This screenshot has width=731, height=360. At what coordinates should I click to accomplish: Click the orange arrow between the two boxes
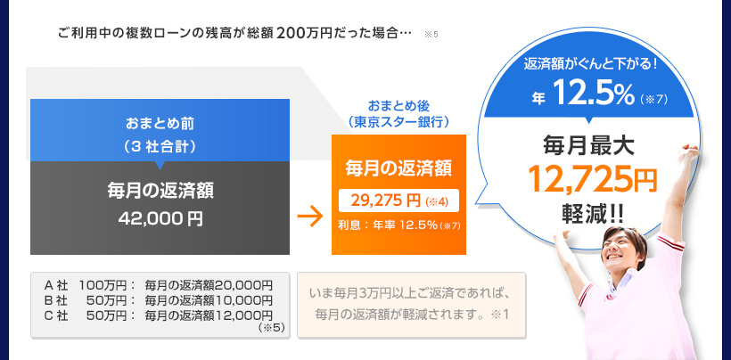coord(310,217)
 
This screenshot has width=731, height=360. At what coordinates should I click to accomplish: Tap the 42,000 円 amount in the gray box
coord(160,218)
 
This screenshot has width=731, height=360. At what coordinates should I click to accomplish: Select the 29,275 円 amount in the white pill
coord(387,200)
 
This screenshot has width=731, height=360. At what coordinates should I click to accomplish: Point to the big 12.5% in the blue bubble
coord(595,94)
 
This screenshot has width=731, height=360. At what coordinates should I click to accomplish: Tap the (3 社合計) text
coord(160,147)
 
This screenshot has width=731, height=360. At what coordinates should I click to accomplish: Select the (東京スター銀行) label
coord(398,121)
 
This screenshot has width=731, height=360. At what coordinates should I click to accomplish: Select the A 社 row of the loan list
coord(158,283)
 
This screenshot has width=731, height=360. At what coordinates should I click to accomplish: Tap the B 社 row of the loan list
coord(158,299)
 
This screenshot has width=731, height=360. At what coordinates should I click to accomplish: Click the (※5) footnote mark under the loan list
coord(271,328)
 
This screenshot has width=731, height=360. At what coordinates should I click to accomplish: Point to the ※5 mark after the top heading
coord(431,35)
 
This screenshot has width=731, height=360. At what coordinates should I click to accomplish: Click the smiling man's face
coord(621,251)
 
